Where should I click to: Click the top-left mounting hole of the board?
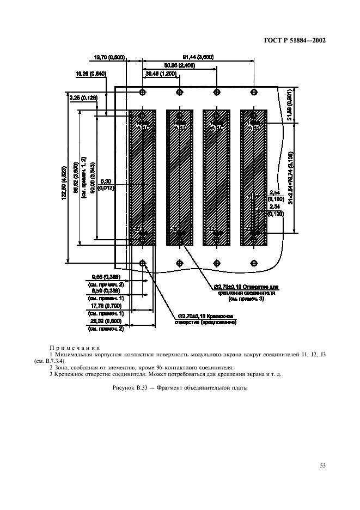[142, 92]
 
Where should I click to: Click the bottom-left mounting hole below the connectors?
[142, 264]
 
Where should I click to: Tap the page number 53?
[322, 465]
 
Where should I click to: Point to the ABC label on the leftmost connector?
[143, 127]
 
